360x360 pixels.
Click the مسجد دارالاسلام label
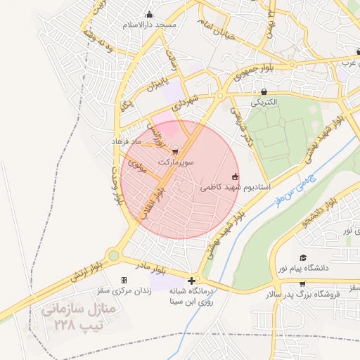[148, 25]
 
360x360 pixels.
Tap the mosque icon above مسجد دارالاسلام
[148, 14]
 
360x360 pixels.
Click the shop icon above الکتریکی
[264, 91]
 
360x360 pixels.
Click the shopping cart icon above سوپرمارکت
[175, 150]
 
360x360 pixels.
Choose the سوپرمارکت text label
[176, 161]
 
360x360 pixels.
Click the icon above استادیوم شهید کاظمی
[235, 176]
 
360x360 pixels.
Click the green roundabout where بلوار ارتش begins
[113, 257]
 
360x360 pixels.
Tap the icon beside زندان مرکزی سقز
[124, 280]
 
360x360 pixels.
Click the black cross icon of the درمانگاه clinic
[191, 280]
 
